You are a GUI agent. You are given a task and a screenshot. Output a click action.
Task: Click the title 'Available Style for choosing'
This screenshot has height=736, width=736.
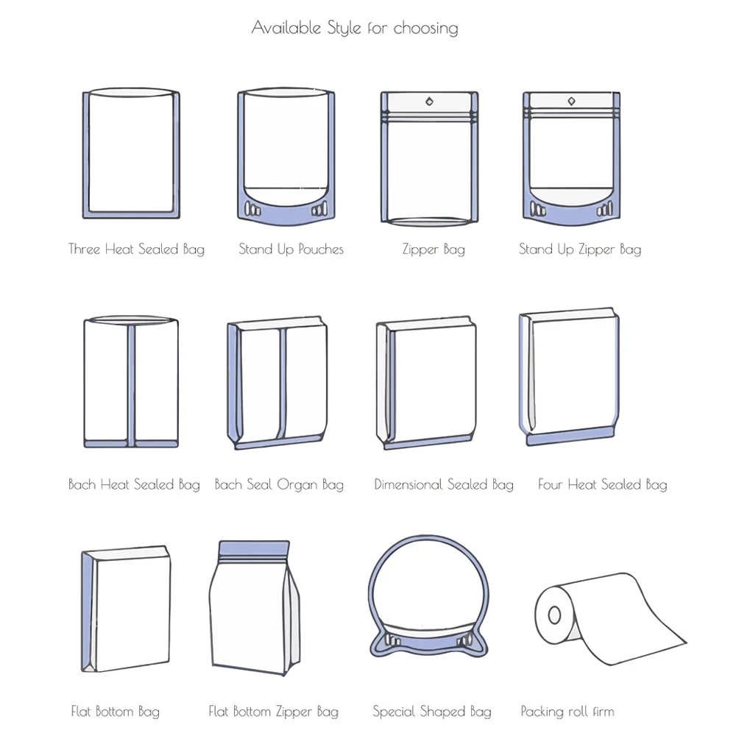pos(355,28)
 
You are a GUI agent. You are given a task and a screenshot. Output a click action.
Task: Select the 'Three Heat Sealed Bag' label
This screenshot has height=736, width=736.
pos(136,249)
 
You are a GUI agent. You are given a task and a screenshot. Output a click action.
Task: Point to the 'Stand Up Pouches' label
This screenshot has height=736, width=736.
pos(291,249)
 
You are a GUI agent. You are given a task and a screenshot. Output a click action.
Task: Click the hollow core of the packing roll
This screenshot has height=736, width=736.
pos(553,614)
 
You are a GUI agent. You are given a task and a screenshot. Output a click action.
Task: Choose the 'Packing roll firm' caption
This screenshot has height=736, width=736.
pos(567,711)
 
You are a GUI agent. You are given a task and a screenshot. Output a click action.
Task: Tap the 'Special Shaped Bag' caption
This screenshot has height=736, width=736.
pos(431,711)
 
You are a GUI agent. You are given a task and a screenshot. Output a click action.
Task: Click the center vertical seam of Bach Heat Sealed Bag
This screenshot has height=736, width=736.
pos(131,383)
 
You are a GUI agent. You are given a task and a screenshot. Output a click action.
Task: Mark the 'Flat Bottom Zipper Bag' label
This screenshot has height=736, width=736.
pos(273,711)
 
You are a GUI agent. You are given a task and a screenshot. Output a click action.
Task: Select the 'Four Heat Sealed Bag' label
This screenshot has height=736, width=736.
pos(602,484)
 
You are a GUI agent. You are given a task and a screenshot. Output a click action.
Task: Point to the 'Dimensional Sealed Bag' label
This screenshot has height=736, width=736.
pos(444,484)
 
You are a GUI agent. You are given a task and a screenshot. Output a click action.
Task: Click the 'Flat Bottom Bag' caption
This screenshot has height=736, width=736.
pos(115,711)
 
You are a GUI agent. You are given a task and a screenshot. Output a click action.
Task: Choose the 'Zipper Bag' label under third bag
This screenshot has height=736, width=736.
pos(434,249)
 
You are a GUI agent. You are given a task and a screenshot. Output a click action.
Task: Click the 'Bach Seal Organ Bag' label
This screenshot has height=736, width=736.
pos(279,484)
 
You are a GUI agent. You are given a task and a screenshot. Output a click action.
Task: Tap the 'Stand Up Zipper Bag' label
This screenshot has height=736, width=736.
pos(580,249)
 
